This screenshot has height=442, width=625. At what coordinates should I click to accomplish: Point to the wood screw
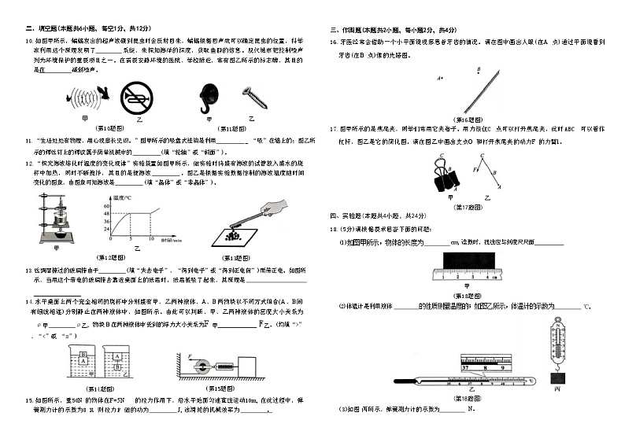[254, 97]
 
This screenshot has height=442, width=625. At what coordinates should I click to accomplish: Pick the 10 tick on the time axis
[150, 238]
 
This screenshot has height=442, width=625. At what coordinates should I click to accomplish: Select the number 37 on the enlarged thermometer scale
[466, 366]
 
